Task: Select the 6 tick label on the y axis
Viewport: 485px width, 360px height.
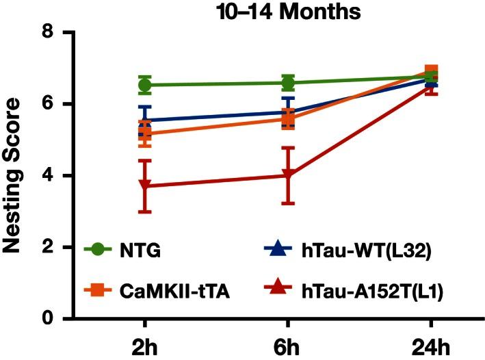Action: (47, 104)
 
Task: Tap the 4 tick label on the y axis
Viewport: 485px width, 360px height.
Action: (47, 176)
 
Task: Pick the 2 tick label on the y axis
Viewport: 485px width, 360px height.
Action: (47, 247)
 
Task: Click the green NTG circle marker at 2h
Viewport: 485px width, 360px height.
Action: (145, 85)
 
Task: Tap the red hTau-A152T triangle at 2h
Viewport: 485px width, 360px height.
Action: (145, 185)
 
